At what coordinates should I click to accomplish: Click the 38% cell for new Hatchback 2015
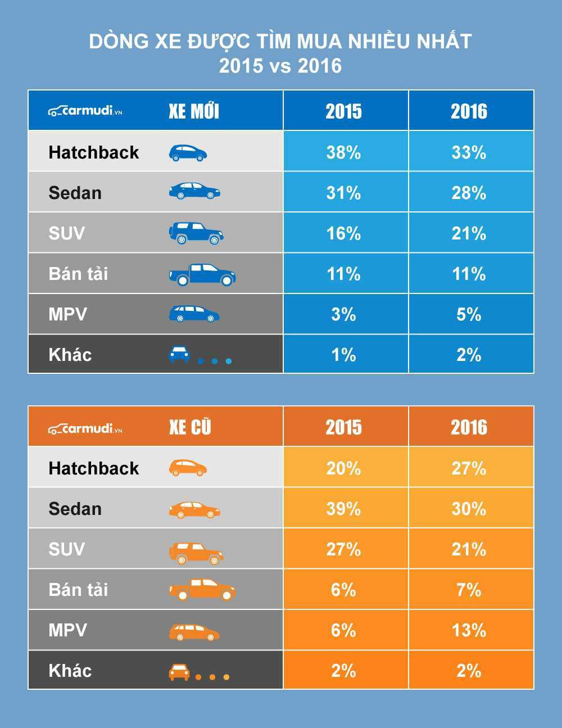[x=343, y=152]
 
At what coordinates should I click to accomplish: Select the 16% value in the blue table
[x=343, y=233]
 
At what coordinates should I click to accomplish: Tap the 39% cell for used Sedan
[x=343, y=509]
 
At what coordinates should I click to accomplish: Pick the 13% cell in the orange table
[x=469, y=630]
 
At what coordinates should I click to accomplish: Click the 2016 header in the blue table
[x=469, y=111]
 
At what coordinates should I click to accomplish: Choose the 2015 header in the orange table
[x=343, y=427]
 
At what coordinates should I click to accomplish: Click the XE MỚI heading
[x=194, y=111]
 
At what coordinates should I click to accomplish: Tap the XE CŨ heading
[x=190, y=427]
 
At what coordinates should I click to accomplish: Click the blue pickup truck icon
[x=202, y=274]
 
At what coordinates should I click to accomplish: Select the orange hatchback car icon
[x=188, y=468]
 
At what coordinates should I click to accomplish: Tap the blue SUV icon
[x=196, y=233]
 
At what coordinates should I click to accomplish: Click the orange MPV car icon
[x=194, y=632]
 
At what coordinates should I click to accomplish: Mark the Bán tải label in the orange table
[x=78, y=590]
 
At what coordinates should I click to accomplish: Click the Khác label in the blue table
[x=70, y=355]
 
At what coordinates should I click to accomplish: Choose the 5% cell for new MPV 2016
[x=469, y=314]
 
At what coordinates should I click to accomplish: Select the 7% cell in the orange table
[x=469, y=590]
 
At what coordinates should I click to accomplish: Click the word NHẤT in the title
[x=443, y=42]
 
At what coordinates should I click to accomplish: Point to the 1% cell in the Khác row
[x=343, y=355]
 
